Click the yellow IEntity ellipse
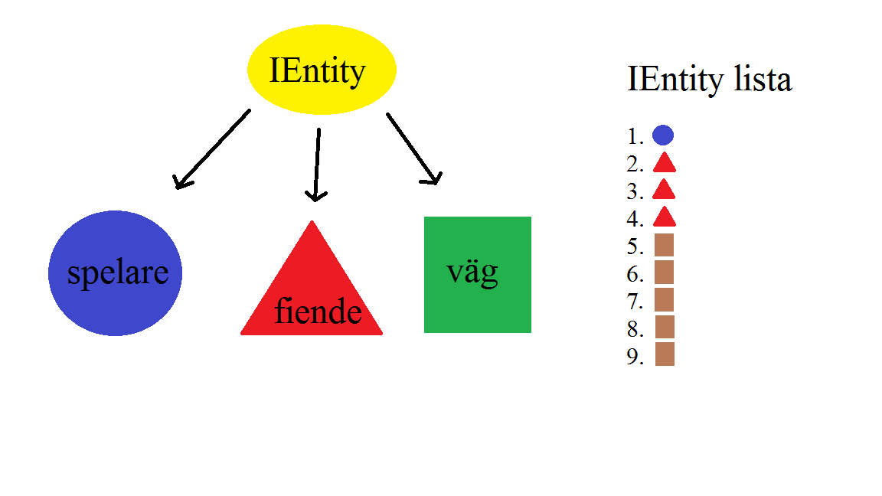click(322, 70)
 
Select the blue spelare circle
click(116, 273)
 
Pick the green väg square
click(478, 275)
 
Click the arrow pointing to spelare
click(212, 149)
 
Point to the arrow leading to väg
click(413, 148)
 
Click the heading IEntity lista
click(709, 80)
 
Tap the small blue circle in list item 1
click(663, 135)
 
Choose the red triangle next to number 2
click(664, 164)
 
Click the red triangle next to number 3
click(664, 191)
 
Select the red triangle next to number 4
click(664, 218)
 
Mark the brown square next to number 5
click(665, 245)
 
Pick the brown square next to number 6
click(665, 272)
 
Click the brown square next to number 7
click(665, 299)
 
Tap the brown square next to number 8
click(665, 327)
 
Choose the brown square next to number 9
click(665, 354)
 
